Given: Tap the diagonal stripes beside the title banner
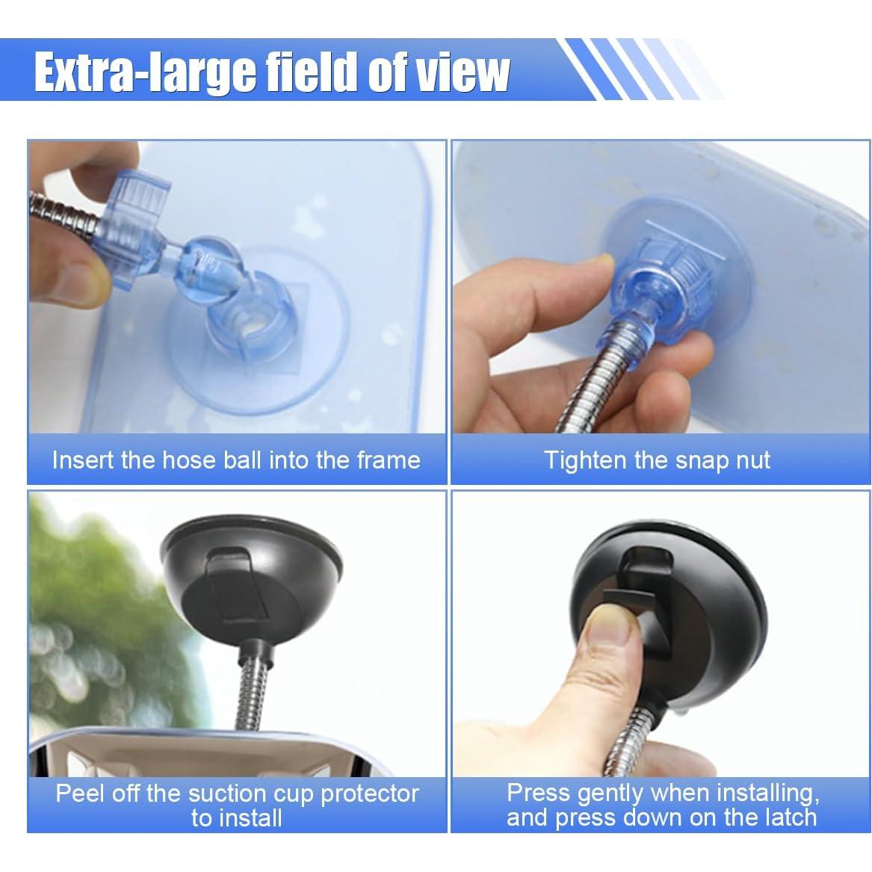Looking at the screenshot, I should (x=635, y=69).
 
